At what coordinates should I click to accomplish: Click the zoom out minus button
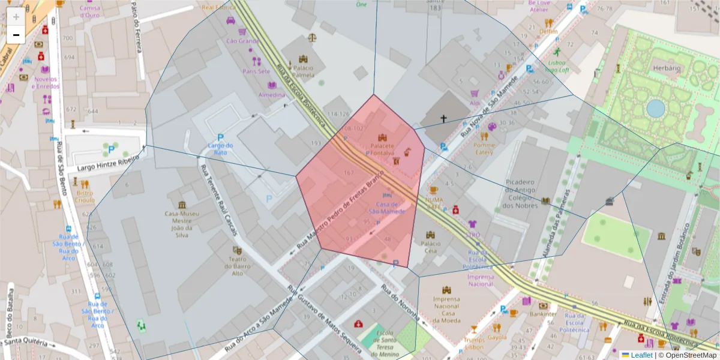pos(16,35)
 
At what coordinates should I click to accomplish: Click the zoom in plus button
pos(16,16)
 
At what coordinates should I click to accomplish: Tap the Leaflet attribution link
pos(640,355)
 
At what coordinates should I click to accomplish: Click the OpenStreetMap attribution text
pos(691,355)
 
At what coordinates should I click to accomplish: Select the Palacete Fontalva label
pos(382,149)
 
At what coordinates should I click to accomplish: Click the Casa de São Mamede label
pos(387,208)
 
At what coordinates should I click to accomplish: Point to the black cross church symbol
pos(444,119)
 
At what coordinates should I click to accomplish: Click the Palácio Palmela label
pos(303,71)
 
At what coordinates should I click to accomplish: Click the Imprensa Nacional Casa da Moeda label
pos(446,310)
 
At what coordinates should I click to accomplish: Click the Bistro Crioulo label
pos(85,196)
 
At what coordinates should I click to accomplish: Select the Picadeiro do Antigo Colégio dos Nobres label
pos(520,193)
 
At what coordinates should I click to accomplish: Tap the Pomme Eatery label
pos(484,148)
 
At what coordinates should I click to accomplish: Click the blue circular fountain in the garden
pos(655,109)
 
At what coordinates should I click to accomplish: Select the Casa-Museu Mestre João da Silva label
pos(181,224)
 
